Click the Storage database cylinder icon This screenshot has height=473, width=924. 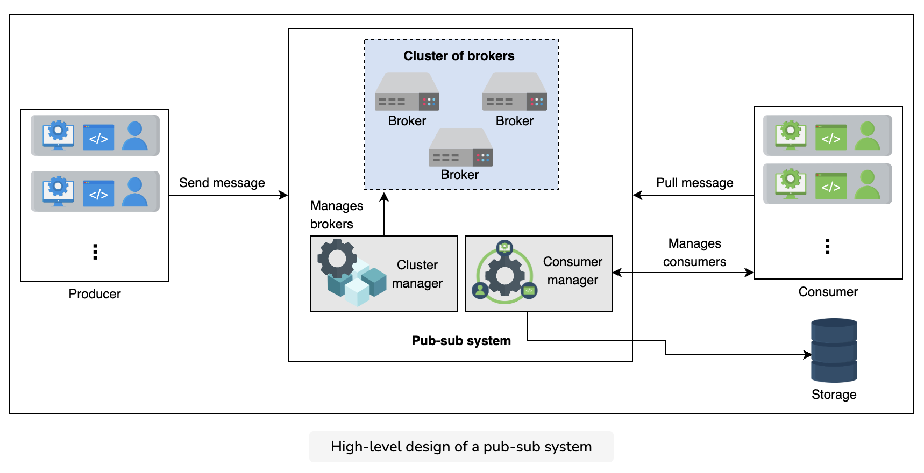[834, 350]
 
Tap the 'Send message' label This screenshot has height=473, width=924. [222, 183]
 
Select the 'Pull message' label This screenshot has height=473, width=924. [695, 183]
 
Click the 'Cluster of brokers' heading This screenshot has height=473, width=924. [459, 56]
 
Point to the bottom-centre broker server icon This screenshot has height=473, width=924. [461, 147]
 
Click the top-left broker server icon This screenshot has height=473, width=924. [407, 91]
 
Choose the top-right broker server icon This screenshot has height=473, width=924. [515, 91]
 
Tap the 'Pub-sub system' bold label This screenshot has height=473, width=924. [461, 341]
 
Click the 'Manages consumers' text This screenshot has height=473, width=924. [695, 253]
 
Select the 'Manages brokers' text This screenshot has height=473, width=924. [337, 215]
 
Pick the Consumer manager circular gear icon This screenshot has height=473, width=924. [504, 273]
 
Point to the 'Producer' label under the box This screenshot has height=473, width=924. [95, 294]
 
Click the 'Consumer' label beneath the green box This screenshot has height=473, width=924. [828, 292]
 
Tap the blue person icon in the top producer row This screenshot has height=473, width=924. [135, 135]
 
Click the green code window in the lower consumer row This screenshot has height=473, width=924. [831, 185]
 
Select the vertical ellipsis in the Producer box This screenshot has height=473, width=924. [95, 252]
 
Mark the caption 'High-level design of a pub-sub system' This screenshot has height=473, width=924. [461, 447]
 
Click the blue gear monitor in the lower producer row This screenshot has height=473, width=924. [58, 191]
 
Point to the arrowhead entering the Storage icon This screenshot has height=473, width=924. [808, 355]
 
